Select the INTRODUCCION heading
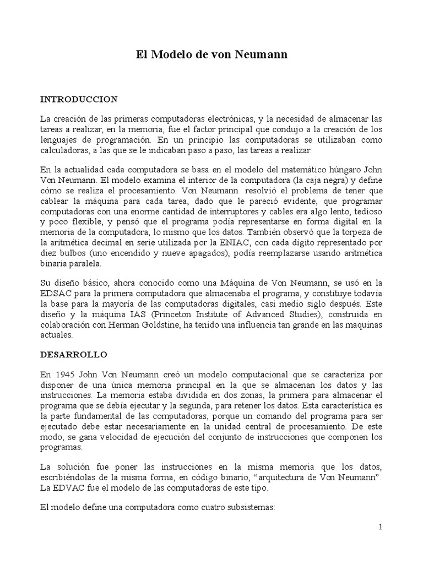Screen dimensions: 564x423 [79, 99]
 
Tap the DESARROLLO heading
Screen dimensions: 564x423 [74, 355]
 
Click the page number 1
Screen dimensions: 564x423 [380, 527]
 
